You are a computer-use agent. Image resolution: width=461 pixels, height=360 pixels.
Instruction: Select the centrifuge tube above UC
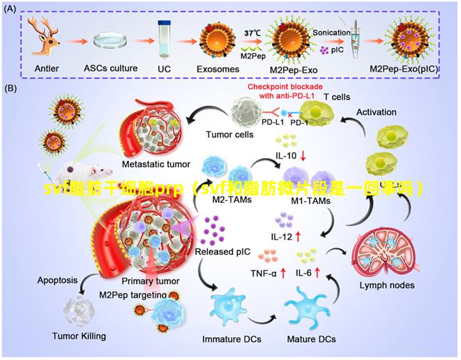165,39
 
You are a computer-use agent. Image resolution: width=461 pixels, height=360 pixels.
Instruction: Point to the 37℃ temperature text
253,32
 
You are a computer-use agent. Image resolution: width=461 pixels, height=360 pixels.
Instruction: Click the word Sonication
331,32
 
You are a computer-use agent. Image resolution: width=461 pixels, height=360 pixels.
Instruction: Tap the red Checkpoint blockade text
286,91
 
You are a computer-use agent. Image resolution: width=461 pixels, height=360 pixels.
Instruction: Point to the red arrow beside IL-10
302,157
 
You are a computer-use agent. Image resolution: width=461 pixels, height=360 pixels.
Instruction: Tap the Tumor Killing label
79,336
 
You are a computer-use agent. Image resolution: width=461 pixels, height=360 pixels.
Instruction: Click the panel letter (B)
13,88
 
